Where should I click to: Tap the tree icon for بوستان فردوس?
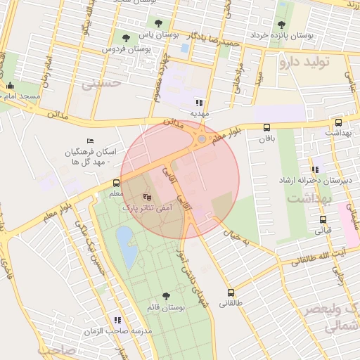[x=126, y=37]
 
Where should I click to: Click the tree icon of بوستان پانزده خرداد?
[x=282, y=25]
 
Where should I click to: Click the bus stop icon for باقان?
[x=266, y=127]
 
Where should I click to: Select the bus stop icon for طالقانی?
[x=231, y=292]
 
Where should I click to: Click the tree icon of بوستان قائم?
[x=166, y=297]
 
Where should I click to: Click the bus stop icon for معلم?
[x=116, y=183]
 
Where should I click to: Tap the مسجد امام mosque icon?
[x=10, y=87]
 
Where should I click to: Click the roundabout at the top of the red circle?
[x=202, y=139]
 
